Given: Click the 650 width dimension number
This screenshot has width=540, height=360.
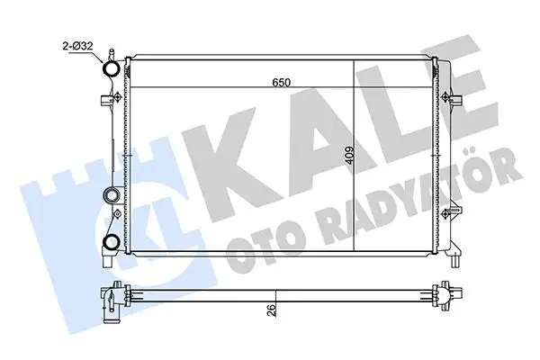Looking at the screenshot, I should coord(283,84).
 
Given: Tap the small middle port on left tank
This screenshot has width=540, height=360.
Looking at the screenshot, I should coord(112,193).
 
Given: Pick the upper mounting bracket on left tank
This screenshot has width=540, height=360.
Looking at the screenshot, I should coord(113,97).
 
